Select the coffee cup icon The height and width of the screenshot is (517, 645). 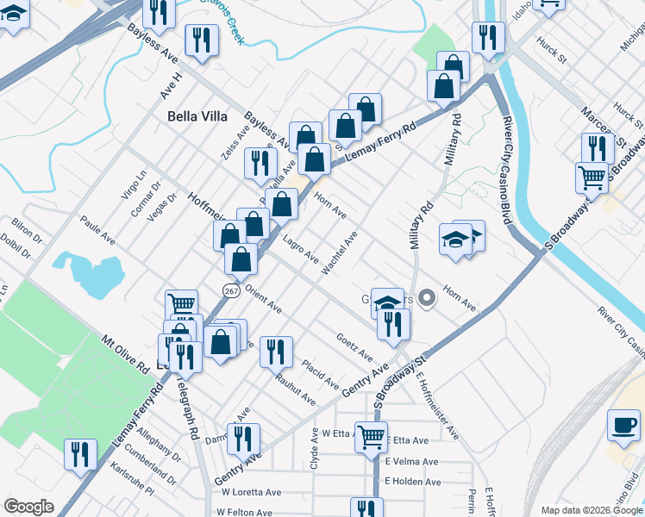[623, 425]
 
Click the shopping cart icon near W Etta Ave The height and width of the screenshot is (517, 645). [371, 436]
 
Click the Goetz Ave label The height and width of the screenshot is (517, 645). [354, 347]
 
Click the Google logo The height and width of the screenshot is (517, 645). [29, 506]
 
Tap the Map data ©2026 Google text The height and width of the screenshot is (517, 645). [591, 510]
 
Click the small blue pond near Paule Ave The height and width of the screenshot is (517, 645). [81, 270]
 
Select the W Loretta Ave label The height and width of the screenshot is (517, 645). [251, 492]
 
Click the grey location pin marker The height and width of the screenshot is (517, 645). [429, 297]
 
